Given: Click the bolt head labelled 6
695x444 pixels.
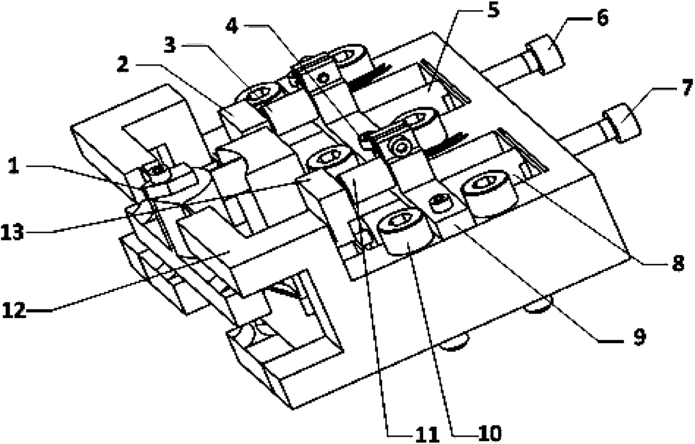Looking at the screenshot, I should [545, 56].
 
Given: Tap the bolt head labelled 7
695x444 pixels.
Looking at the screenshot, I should [620, 122].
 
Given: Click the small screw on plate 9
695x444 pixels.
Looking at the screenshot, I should [436, 203].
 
